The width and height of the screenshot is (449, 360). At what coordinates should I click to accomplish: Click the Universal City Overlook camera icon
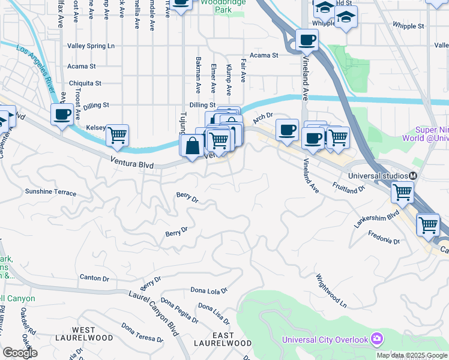click(376, 340)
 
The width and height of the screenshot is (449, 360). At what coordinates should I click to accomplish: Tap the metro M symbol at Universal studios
click(414, 176)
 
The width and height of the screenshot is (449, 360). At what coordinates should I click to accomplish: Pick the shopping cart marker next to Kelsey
click(118, 135)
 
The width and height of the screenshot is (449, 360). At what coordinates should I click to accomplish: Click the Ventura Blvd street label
click(131, 162)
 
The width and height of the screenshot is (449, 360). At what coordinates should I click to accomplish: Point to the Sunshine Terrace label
click(50, 193)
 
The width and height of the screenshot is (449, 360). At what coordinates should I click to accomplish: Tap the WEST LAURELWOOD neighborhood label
click(92, 334)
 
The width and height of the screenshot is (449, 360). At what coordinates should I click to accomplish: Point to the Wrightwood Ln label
click(332, 291)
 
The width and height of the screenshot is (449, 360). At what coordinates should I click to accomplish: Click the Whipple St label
click(408, 26)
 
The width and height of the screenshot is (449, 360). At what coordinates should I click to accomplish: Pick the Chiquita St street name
click(85, 83)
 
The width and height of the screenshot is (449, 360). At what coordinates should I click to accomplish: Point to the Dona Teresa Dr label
click(142, 332)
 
